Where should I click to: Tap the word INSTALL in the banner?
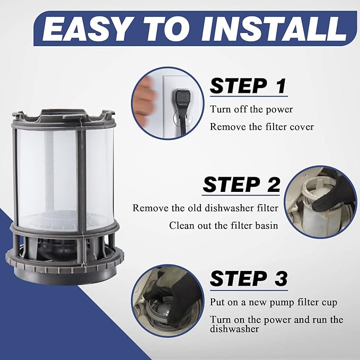coord(274,29)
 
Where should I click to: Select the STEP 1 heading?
coord(248,86)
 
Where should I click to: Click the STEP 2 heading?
coord(242,185)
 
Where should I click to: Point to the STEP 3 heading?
coord(249,278)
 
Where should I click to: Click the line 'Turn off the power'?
coord(251,109)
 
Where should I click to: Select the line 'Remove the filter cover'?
coord(262,127)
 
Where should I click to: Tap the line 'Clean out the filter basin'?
coord(224,225)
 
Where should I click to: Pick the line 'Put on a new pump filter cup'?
coord(274,303)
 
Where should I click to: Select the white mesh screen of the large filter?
coord(64,179)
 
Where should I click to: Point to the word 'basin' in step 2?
coord(266,225)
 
